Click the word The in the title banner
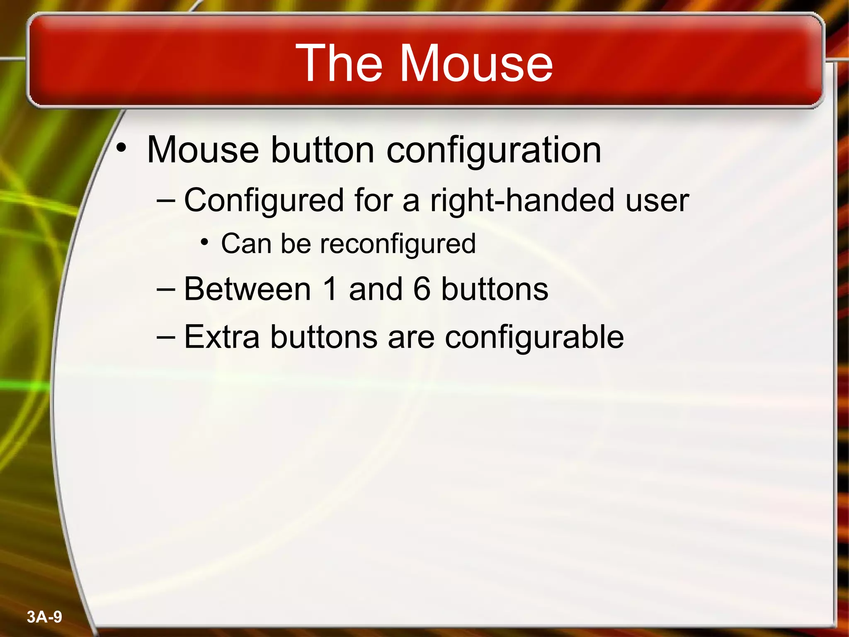coord(339,63)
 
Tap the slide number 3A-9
coord(44,617)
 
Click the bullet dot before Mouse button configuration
coord(121,148)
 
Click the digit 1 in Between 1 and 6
coord(330,289)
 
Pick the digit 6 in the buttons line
coord(422,289)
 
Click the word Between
coord(247,289)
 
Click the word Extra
coord(221,337)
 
